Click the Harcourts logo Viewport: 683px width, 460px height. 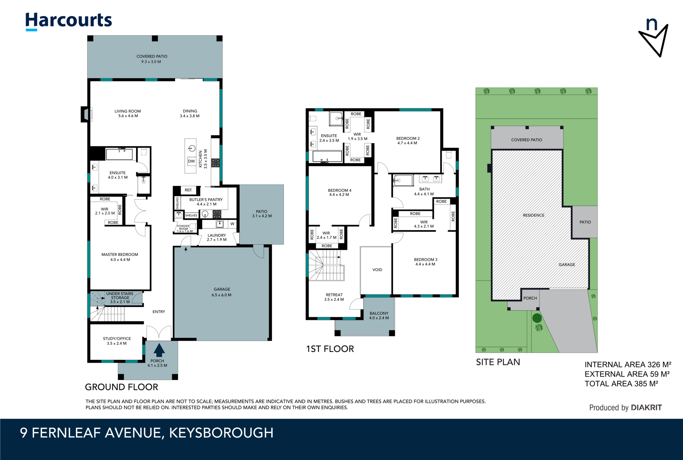coord(68,21)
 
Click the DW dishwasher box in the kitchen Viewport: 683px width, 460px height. coord(191,161)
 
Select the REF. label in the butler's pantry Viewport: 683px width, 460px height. coord(188,190)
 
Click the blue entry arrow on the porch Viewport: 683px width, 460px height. coord(159,350)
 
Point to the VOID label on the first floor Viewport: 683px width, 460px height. coord(377,270)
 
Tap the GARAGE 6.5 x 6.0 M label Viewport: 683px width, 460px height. coord(222,292)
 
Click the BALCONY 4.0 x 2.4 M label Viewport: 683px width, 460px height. coord(379,315)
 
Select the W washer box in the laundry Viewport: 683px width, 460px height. coord(232,224)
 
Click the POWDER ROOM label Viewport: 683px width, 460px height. coord(183,227)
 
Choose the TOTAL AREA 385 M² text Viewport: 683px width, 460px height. coord(621,384)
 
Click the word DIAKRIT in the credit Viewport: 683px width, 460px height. coord(646,407)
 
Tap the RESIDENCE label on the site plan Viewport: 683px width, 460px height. coord(533,215)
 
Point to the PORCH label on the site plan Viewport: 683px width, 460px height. coord(530,298)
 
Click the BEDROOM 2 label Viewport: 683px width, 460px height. coord(408,140)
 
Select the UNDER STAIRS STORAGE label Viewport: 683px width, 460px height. coord(120,298)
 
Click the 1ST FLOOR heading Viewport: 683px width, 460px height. coord(330,349)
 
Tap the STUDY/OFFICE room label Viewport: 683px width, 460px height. coord(117,341)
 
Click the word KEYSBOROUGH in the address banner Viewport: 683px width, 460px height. coord(221,433)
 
